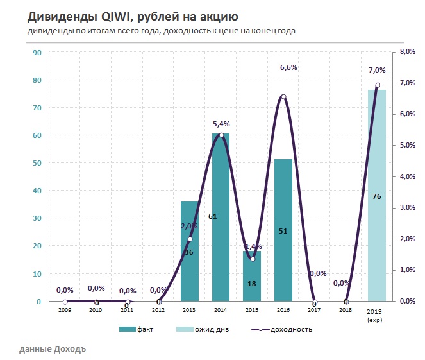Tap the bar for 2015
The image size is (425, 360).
tap(252, 276)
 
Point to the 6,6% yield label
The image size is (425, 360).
tap(288, 67)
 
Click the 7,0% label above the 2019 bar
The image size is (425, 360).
tap(378, 70)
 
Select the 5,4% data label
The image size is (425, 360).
tap(221, 124)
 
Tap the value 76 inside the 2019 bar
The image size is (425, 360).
tap(377, 196)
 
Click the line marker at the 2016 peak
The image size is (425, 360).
tap(283, 97)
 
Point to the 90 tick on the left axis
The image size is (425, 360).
tap(37, 53)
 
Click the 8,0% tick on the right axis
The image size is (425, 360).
tap(407, 53)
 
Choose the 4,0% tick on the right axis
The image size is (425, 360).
tap(407, 176)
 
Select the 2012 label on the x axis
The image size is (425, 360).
tap(158, 311)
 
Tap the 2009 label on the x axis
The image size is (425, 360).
tap(65, 311)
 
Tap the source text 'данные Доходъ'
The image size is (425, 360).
tap(52, 349)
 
